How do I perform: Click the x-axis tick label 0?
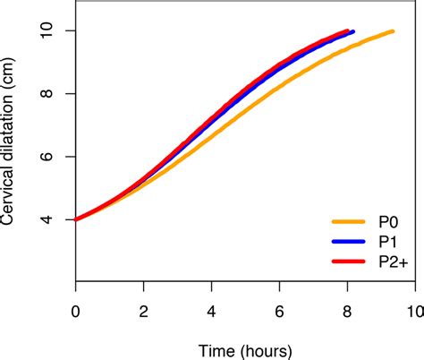click(x=76, y=311)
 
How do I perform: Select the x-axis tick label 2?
click(x=143, y=311)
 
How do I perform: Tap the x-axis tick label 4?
click(x=211, y=311)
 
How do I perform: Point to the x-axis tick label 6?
click(x=278, y=311)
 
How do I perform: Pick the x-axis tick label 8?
click(x=346, y=311)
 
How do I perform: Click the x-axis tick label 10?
click(x=413, y=311)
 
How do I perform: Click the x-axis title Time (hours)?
click(x=244, y=348)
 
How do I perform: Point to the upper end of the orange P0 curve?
click(x=392, y=31)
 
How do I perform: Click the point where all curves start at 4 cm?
click(x=77, y=219)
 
